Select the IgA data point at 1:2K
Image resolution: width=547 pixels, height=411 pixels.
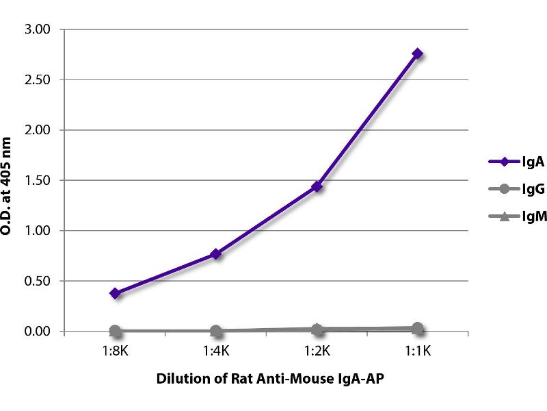coord(317,186)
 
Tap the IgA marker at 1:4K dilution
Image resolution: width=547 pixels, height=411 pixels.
coord(216,254)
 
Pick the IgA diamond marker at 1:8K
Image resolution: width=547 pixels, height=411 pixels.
coord(116,293)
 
